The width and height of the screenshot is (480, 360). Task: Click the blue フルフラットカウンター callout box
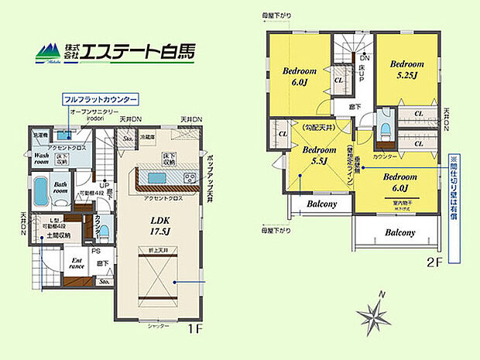[x=100, y=101]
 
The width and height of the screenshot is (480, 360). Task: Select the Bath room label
[x=61, y=187]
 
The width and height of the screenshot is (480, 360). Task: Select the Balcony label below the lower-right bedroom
[x=399, y=232]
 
